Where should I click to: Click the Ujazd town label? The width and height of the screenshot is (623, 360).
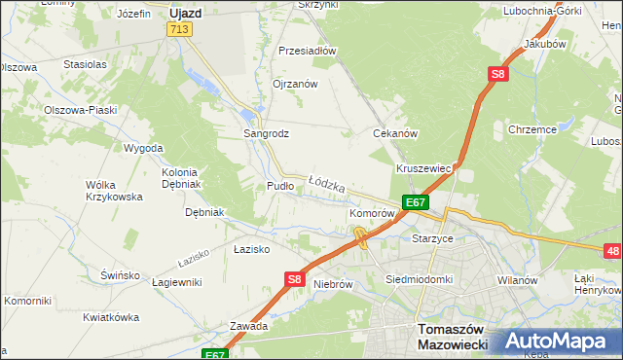pos(185,14)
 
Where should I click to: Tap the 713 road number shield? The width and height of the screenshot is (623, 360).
pos(178,30)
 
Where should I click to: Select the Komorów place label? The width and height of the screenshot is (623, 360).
pos(371,212)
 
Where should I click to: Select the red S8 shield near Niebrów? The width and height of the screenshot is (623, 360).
pos(297,279)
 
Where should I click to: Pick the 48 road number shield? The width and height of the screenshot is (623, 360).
pos(613,252)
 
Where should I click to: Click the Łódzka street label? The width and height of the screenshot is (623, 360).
pos(327,182)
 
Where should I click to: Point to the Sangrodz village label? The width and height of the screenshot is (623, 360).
pos(265,133)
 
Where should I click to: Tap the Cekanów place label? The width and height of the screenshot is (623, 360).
pos(395,133)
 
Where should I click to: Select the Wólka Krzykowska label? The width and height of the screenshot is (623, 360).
pos(114,191)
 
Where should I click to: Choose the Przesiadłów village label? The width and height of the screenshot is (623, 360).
pos(307,51)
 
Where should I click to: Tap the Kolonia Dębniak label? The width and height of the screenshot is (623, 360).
pos(180,177)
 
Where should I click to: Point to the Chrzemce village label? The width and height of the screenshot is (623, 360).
pos(531,128)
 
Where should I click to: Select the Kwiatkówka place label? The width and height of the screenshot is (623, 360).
pos(110,317)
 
